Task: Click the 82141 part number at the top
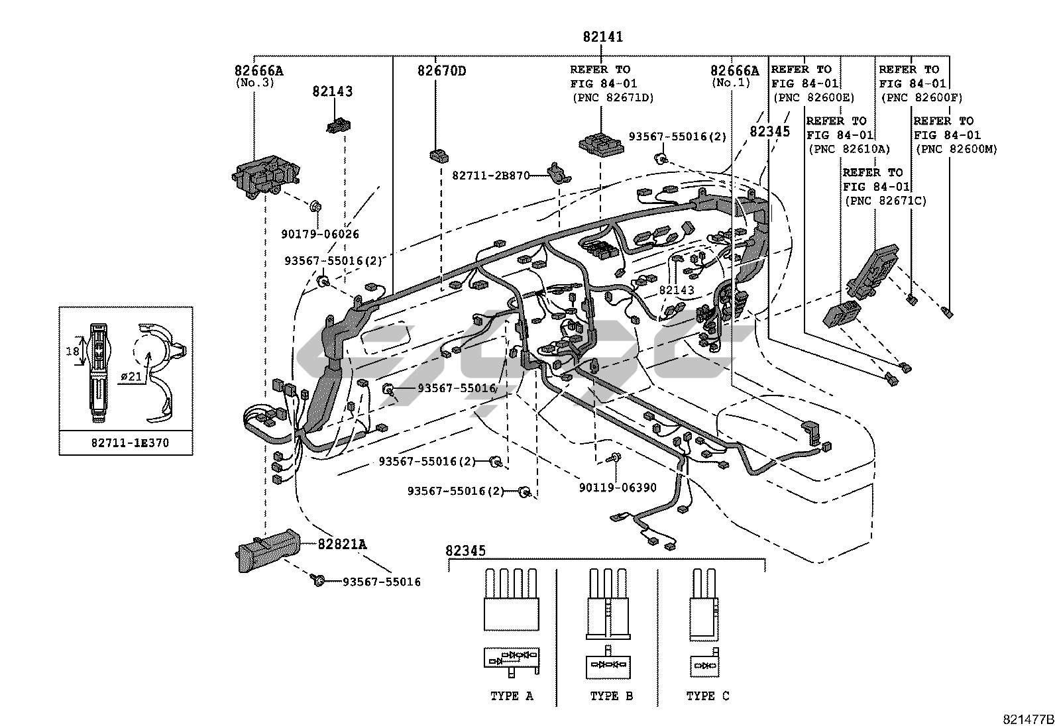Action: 602,37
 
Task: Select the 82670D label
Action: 441,71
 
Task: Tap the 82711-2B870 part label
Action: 491,176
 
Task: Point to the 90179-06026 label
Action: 319,234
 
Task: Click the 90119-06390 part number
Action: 617,488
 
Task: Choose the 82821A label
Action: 341,545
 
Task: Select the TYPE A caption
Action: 511,696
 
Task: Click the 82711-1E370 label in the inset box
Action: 130,442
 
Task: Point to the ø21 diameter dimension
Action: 132,377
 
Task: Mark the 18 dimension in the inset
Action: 72,351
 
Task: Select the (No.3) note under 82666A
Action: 254,83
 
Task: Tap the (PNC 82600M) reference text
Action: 956,150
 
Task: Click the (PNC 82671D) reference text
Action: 612,98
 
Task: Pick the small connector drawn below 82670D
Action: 438,156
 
